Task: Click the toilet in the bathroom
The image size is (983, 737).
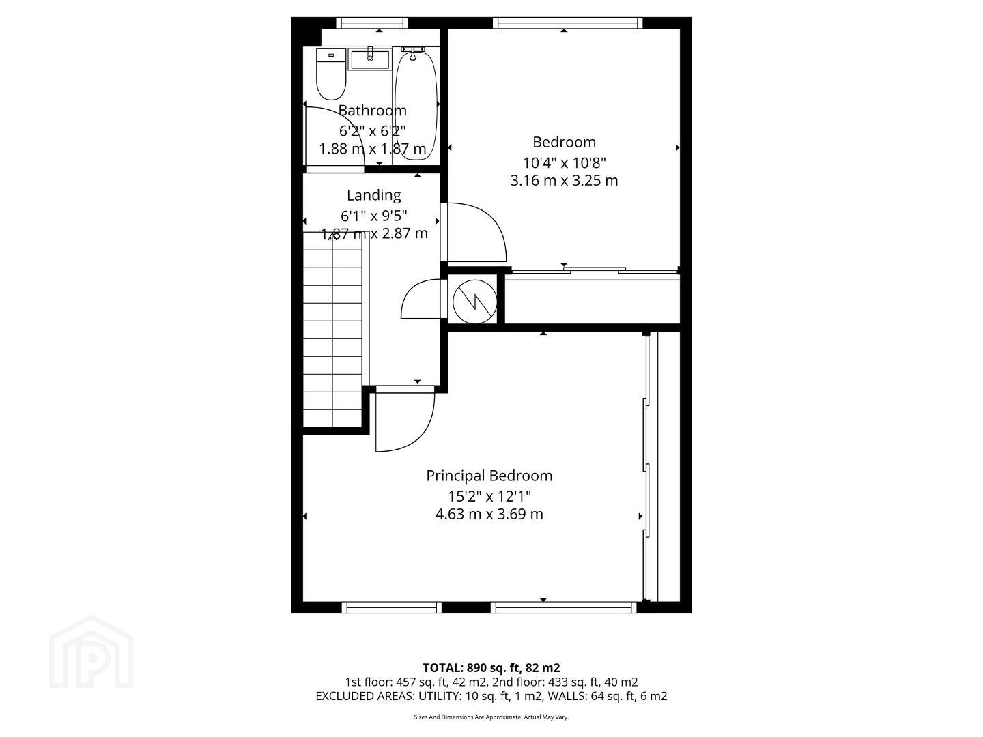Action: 331,74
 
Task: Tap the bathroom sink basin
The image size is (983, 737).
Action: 370,59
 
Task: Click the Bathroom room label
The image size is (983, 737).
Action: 372,110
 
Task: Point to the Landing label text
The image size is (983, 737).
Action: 373,195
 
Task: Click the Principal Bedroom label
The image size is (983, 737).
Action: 489,475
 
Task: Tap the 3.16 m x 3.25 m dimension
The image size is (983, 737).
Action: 564,180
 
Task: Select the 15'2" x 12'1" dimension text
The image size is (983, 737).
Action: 489,496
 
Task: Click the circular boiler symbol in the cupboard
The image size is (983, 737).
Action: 474,302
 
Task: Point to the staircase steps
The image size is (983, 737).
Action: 332,330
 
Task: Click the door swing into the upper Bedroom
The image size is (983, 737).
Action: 476,232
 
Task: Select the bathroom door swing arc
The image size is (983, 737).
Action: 335,136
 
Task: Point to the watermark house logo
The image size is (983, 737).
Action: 91,652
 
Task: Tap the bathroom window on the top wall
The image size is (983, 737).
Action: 372,23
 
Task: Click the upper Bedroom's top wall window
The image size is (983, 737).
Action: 567,23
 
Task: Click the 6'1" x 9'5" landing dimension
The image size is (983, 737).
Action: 373,216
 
